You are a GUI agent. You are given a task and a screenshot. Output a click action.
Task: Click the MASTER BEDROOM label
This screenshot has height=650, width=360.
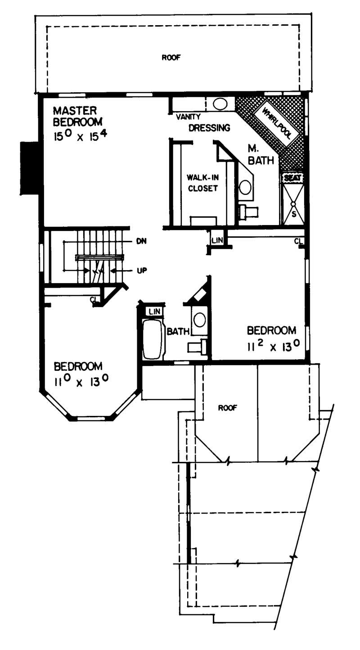pyautogui.click(x=77, y=116)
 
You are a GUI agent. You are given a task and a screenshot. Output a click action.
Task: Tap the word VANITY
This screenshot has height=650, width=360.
pyautogui.click(x=185, y=116)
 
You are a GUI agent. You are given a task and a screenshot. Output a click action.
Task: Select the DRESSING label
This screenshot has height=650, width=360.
pyautogui.click(x=209, y=127)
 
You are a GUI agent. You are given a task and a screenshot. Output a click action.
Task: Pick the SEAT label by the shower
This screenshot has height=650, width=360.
pyautogui.click(x=292, y=178)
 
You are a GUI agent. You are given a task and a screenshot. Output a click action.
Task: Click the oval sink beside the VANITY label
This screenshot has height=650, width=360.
pyautogui.click(x=220, y=104)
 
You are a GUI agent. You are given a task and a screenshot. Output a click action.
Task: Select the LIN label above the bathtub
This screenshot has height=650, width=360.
pyautogui.click(x=154, y=311)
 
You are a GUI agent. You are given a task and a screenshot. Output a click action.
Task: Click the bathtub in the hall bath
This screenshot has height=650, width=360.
pyautogui.click(x=152, y=339)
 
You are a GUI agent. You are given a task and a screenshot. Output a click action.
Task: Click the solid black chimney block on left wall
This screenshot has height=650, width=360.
pyautogui.click(x=29, y=168)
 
